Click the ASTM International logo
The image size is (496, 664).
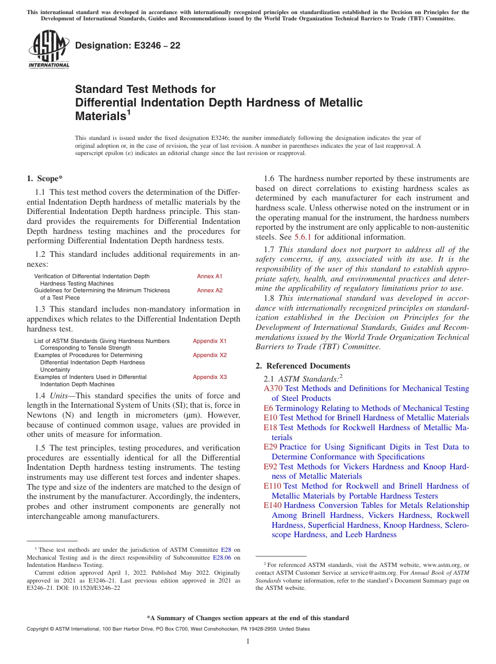point(49,50)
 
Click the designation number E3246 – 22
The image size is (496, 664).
point(128,45)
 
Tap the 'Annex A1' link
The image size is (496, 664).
point(209,276)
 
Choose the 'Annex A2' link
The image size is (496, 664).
point(209,290)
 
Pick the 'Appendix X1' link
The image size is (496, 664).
point(209,341)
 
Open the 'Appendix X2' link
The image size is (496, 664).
point(209,355)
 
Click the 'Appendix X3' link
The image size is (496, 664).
point(209,377)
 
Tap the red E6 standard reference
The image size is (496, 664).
point(268,408)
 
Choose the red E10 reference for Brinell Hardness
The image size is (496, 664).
point(270,418)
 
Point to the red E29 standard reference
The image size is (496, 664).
point(270,447)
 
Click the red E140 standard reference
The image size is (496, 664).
point(273,505)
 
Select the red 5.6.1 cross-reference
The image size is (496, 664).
point(303,237)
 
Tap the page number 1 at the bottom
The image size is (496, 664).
point(248,642)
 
